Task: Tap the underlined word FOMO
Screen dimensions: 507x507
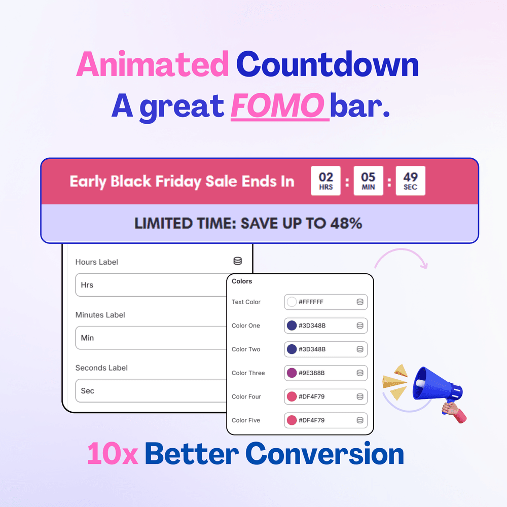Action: (278, 106)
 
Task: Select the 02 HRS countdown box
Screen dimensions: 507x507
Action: (325, 181)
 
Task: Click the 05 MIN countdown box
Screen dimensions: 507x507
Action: (368, 181)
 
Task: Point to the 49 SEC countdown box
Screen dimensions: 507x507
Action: (410, 181)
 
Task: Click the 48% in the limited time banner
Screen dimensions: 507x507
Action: (346, 224)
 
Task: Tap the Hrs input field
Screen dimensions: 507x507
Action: (151, 285)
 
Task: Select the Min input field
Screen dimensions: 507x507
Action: (151, 338)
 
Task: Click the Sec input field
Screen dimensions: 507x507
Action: (151, 390)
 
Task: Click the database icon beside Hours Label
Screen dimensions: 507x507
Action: (238, 261)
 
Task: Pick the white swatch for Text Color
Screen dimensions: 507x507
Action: (292, 302)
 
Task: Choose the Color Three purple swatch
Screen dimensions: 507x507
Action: (292, 373)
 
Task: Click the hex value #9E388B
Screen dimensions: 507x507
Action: (311, 373)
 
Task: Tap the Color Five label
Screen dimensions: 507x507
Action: (246, 420)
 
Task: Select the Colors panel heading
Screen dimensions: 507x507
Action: (242, 281)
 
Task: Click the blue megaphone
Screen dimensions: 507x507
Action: (438, 384)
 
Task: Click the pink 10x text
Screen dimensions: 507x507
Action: (113, 454)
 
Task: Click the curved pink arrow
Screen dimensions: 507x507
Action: (401, 249)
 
